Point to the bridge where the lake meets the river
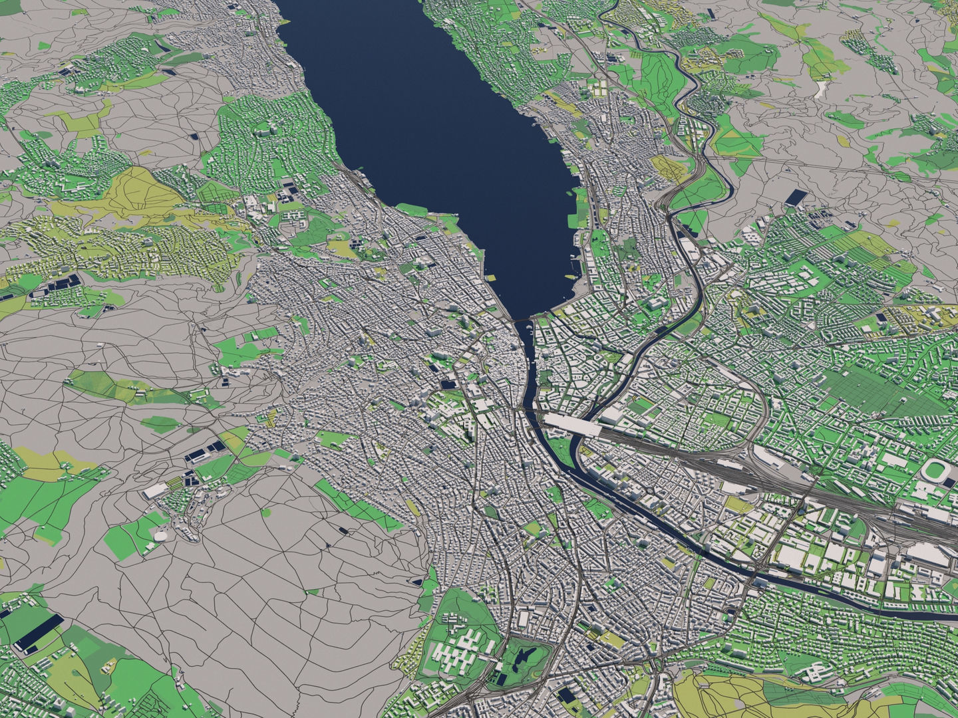click(x=524, y=322)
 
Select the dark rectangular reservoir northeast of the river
click(x=796, y=197)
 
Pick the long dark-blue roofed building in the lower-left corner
click(x=39, y=632)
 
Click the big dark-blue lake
click(x=432, y=133)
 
